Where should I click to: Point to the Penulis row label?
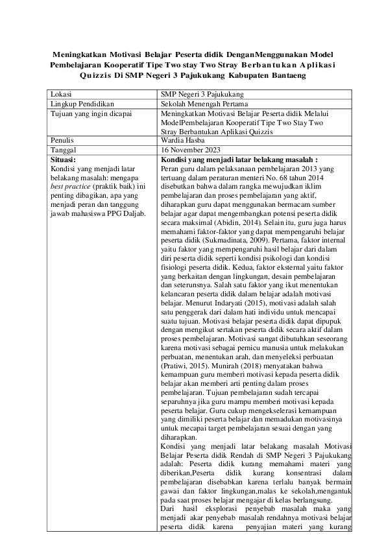tap(64, 139)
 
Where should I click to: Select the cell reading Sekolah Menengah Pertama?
tap(203, 103)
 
